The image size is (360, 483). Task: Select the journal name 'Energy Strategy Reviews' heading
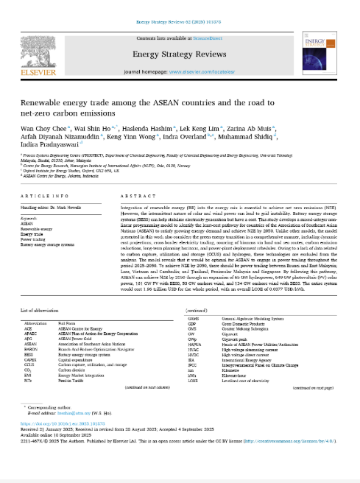pos(179,53)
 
